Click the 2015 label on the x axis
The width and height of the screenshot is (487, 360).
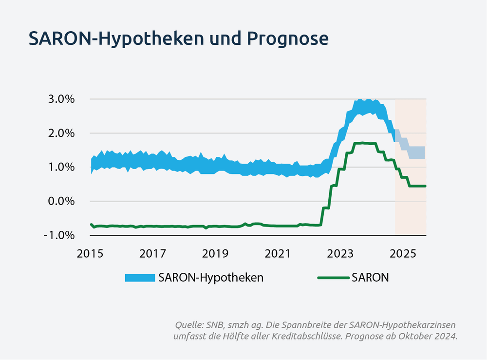click(x=91, y=254)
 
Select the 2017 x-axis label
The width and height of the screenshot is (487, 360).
click(x=153, y=254)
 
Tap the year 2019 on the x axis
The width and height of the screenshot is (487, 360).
click(x=215, y=254)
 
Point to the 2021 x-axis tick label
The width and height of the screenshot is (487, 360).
click(x=278, y=254)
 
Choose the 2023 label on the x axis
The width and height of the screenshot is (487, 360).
click(x=340, y=254)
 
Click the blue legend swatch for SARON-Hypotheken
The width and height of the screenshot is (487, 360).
click(x=139, y=278)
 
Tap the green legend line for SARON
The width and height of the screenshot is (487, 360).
click(x=333, y=278)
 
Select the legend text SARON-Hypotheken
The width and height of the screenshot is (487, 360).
click(x=211, y=278)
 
